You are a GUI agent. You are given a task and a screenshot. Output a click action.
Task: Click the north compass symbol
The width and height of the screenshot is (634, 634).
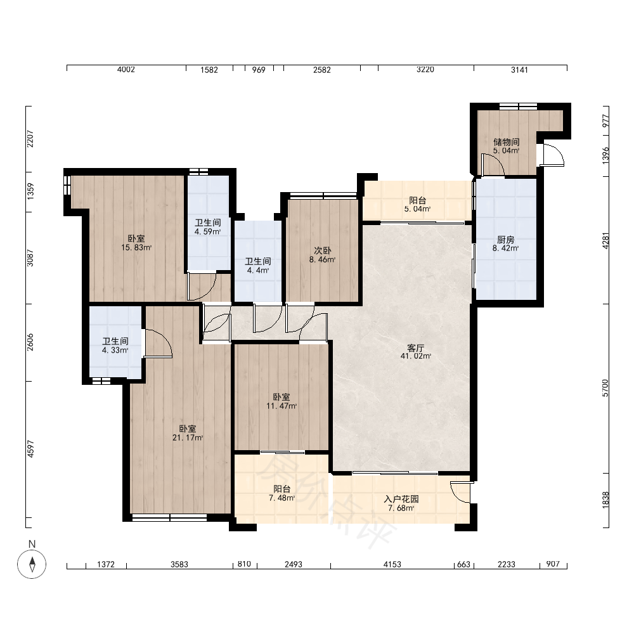[x=32, y=564]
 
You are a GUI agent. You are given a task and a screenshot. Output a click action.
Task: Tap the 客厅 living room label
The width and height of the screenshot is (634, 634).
[x=415, y=347]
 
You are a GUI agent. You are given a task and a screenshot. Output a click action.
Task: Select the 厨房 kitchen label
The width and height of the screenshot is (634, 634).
[x=505, y=240]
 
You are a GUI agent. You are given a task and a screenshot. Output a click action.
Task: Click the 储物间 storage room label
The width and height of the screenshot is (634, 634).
[x=506, y=142]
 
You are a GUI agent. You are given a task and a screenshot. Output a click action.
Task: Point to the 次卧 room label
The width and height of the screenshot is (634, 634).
[x=322, y=250]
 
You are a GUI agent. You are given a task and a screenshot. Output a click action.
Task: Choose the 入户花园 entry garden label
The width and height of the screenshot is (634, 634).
[x=401, y=499]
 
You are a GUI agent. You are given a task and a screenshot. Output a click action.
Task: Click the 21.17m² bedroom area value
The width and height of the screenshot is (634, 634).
[x=188, y=437]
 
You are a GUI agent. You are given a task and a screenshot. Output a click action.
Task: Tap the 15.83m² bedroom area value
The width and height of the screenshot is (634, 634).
[x=136, y=247]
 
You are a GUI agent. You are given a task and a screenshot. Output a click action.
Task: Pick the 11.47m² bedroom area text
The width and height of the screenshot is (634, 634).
[x=281, y=406]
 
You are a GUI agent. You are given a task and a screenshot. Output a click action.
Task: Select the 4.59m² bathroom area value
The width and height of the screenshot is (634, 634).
[x=207, y=231]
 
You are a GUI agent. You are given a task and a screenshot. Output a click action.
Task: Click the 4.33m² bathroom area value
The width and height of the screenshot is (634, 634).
[x=115, y=350]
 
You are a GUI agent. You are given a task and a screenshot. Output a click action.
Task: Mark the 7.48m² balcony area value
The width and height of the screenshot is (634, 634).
[x=282, y=498]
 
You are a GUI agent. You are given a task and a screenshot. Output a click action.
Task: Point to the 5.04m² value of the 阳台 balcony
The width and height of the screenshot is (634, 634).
[x=417, y=209]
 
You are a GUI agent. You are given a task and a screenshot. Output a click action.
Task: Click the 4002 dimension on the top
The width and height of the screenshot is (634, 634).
[x=126, y=70]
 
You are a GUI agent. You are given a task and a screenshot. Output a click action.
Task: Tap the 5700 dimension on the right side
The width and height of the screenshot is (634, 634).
[x=605, y=388]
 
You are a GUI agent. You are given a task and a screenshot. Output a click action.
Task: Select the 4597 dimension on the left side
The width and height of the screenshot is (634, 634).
[x=30, y=449]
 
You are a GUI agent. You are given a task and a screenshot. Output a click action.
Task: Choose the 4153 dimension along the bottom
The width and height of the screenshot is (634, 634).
[x=392, y=564]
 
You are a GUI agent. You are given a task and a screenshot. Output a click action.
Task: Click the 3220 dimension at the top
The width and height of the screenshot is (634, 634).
[x=425, y=70]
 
